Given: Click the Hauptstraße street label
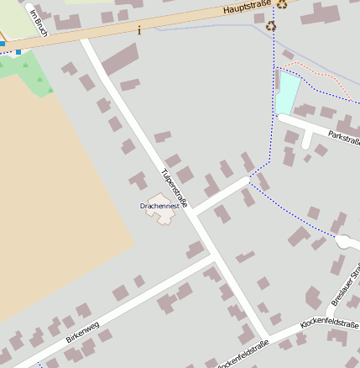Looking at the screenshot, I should tap(248, 9).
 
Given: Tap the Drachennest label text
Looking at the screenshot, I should tap(158, 204).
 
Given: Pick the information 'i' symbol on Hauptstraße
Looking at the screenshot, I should tap(139, 29).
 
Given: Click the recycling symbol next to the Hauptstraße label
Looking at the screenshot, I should tap(283, 4).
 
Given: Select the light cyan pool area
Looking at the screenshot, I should tap(287, 92).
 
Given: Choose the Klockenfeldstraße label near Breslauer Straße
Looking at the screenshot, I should tap(330, 323).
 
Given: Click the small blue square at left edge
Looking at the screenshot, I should tap(18, 52).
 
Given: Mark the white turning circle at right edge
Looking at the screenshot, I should tap(347, 242).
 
